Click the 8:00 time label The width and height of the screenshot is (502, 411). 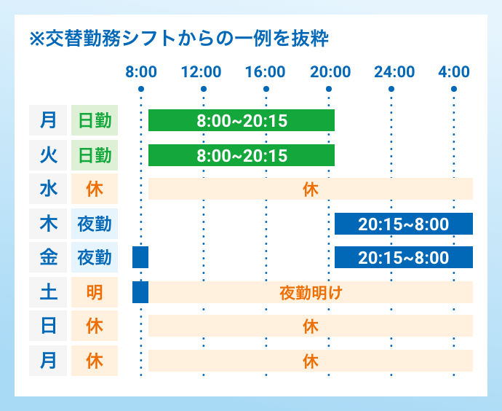click(140, 71)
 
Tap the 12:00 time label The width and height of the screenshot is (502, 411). click(202, 71)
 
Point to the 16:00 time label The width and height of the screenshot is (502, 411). click(265, 71)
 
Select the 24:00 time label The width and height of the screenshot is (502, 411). click(394, 71)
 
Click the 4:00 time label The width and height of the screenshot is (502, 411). click(454, 71)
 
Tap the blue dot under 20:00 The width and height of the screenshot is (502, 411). click(330, 89)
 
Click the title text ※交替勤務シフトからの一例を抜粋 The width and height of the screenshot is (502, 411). click(180, 38)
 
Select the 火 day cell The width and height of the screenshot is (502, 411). click(48, 154)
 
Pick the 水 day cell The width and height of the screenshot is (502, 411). click(48, 189)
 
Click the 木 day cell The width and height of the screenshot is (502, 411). click(48, 223)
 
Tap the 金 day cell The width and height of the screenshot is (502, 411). click(48, 257)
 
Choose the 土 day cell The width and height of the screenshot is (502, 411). click(48, 291)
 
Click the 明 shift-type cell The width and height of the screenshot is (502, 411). click(95, 291)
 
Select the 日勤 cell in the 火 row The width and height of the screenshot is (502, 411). click(95, 154)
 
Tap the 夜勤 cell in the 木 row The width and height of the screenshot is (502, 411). click(95, 223)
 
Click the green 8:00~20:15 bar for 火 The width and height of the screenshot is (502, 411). click(242, 155)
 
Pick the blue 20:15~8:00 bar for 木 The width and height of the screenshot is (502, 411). click(404, 224)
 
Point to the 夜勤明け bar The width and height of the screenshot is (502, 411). click(311, 292)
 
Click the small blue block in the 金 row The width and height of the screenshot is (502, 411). click(140, 257)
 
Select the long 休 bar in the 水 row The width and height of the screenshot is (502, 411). click(311, 189)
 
